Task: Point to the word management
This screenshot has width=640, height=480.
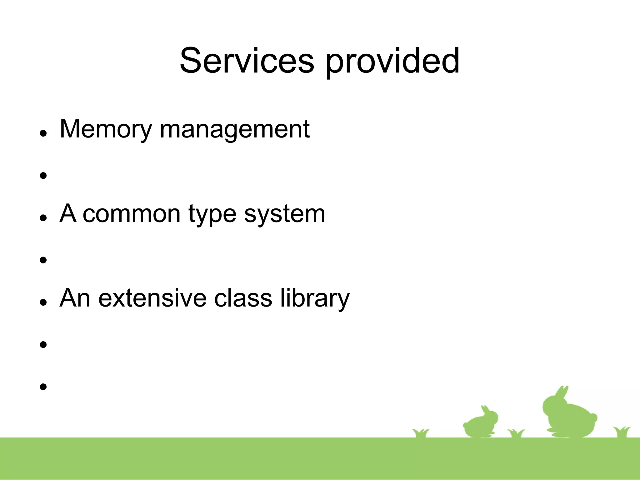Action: click(x=234, y=130)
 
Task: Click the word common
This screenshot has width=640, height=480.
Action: click(x=132, y=214)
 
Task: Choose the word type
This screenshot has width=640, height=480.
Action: click(x=212, y=215)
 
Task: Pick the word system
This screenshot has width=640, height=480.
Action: click(x=284, y=215)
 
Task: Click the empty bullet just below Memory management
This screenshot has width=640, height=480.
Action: click(x=43, y=175)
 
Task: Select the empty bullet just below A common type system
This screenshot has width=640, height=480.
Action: click(x=43, y=260)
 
